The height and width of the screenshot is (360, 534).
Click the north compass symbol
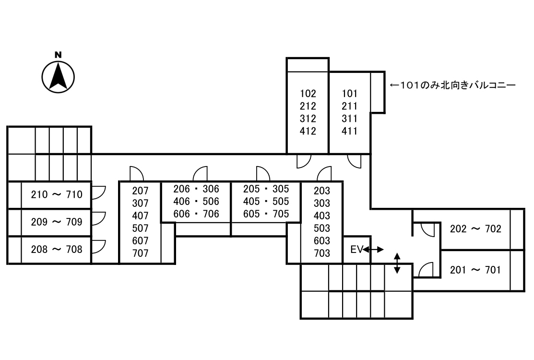point(58,76)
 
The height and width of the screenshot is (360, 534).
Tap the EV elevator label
point(356,250)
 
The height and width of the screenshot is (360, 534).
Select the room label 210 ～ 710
point(57,195)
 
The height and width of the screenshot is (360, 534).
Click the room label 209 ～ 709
point(57,222)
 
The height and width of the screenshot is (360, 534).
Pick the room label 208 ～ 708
point(57,250)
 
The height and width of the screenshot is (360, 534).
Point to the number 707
point(140,253)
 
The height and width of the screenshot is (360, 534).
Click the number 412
point(308,131)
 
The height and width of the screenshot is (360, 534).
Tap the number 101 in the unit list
point(349,94)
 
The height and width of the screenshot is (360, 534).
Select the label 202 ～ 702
point(475,229)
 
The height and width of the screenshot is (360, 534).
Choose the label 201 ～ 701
point(475,270)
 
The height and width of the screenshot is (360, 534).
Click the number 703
point(321,253)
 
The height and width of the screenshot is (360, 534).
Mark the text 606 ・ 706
point(196,214)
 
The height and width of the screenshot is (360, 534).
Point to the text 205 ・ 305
point(266,189)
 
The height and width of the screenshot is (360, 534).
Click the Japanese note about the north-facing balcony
point(452,86)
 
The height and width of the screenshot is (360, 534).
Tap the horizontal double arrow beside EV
point(374,250)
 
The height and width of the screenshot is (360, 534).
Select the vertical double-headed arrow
point(397,263)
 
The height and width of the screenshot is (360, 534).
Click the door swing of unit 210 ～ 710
point(98,192)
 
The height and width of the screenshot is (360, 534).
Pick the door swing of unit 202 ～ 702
point(427,229)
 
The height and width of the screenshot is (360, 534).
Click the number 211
point(349,106)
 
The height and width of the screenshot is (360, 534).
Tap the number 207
point(140,191)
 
